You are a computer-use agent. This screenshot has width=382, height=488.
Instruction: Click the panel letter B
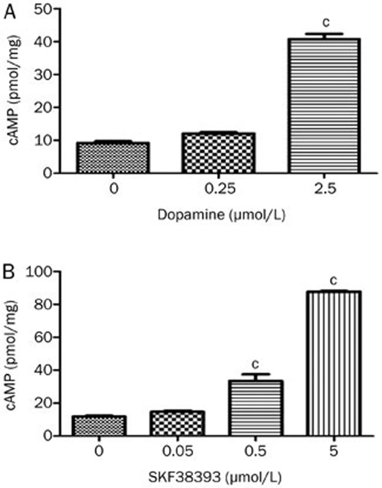(x=8, y=274)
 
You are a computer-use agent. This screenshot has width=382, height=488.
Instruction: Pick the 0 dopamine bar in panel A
(x=114, y=158)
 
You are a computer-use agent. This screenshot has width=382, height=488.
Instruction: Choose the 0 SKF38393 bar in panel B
(x=99, y=426)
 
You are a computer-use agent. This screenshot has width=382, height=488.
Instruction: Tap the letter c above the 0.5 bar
(x=255, y=364)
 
